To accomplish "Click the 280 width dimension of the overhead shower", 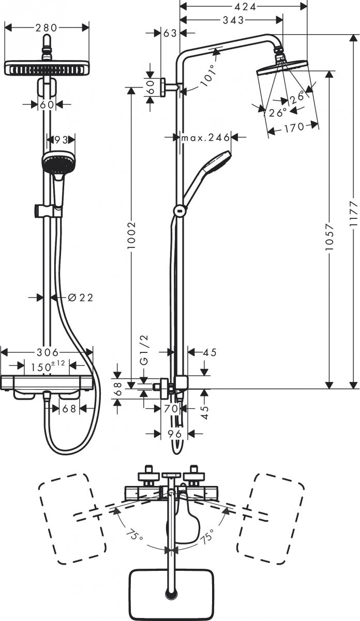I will pyautogui.click(x=47, y=27).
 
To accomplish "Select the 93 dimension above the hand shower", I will pyautogui.click(x=61, y=139).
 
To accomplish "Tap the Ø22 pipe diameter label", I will pyautogui.click(x=80, y=298).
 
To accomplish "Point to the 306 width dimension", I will pyautogui.click(x=47, y=352).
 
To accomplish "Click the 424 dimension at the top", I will pyautogui.click(x=243, y=7).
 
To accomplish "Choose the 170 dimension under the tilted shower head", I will pyautogui.click(x=293, y=127).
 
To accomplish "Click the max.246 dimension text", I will pyautogui.click(x=205, y=138).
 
